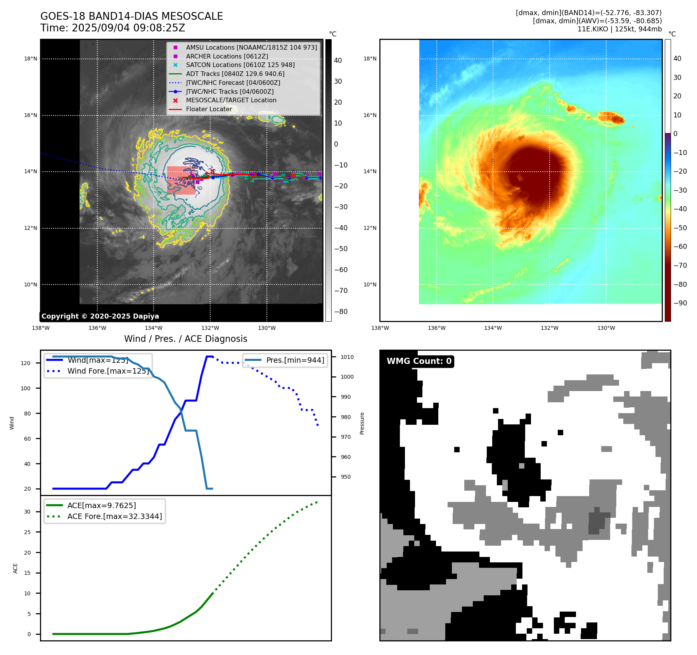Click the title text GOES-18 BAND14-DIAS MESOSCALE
[131, 16]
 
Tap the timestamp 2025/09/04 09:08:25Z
[128, 28]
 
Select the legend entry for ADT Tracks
[235, 74]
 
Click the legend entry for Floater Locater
[209, 109]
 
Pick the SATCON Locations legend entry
[240, 65]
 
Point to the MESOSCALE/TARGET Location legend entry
[231, 100]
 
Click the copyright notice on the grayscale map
[100, 316]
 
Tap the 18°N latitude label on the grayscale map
[31, 59]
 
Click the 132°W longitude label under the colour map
[549, 328]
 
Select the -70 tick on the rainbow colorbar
[680, 265]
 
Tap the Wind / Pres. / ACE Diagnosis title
[185, 339]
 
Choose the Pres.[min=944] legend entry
[295, 360]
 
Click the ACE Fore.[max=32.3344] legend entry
[114, 516]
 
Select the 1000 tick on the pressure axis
[347, 377]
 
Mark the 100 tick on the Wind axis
[26, 388]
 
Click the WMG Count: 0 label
[419, 361]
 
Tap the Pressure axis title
[362, 423]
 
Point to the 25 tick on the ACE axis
[27, 532]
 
